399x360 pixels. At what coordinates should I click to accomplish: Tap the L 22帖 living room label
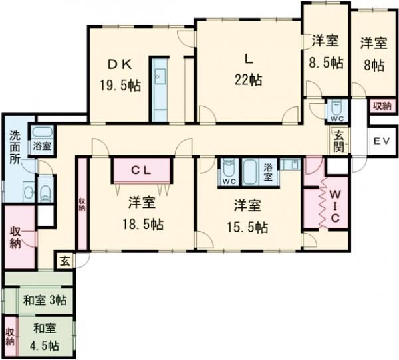[247, 69]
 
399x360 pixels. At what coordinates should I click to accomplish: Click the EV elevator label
[380, 141]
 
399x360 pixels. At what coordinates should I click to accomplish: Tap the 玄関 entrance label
[339, 139]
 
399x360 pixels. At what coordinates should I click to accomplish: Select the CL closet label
[143, 170]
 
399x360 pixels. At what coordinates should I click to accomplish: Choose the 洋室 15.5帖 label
[251, 215]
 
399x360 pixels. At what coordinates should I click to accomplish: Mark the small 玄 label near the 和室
[65, 260]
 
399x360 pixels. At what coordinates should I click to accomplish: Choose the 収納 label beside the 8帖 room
[381, 106]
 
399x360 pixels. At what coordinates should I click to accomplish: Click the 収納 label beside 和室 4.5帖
[10, 336]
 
